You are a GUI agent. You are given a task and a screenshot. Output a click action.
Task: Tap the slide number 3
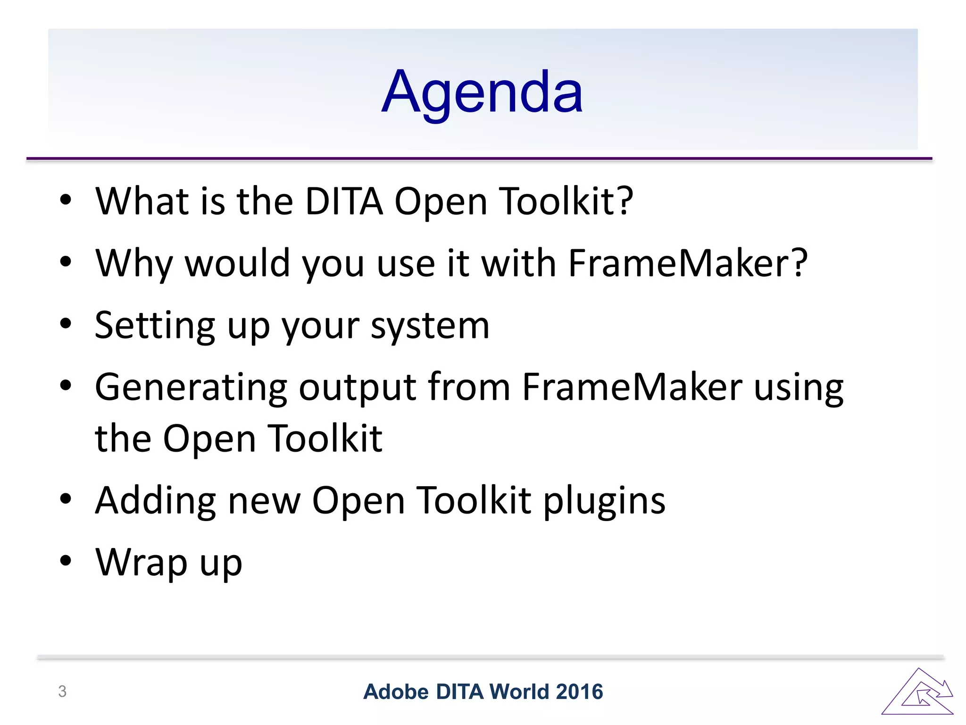coord(62,691)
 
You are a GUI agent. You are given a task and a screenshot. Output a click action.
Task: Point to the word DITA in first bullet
coord(344,202)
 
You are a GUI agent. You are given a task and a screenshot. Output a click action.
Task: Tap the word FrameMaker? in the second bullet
coord(688,263)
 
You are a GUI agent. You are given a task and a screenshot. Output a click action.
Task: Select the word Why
coord(134,263)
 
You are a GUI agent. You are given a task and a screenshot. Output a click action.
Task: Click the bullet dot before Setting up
coord(66,324)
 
